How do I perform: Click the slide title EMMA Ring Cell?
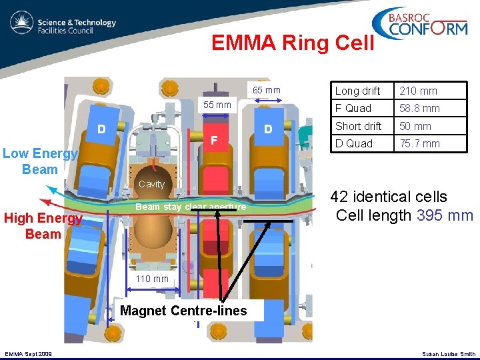click(293, 43)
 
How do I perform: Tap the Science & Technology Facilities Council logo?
click(63, 26)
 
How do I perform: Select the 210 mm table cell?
click(419, 91)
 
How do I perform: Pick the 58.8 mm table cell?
click(419, 108)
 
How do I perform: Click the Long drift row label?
click(358, 91)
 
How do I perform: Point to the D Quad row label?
click(355, 143)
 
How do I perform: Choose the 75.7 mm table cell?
click(419, 143)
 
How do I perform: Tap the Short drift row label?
click(359, 126)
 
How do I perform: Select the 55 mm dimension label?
click(217, 105)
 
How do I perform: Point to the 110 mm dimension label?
click(153, 279)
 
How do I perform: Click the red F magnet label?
click(214, 141)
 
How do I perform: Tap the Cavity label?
click(152, 184)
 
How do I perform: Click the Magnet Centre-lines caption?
click(183, 311)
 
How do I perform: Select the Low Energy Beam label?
click(40, 161)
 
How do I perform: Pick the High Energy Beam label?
click(43, 226)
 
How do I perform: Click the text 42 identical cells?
click(389, 197)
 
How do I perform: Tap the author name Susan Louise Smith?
click(449, 354)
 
